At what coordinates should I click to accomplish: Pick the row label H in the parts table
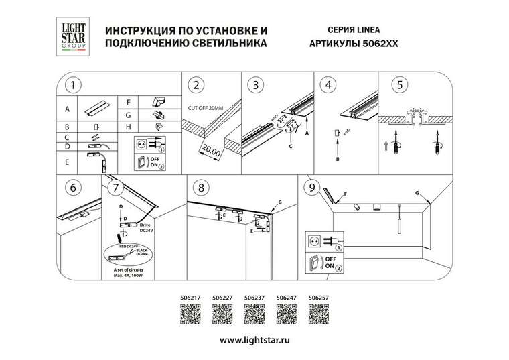click(127, 126)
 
